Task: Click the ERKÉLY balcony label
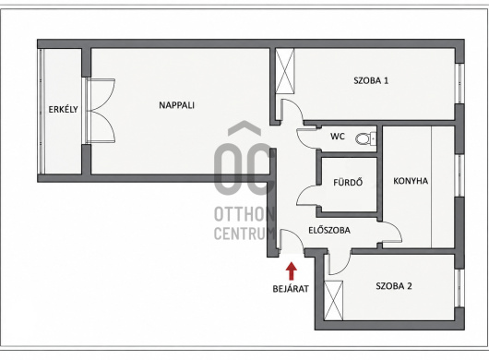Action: point(63,109)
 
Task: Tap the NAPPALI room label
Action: point(176,105)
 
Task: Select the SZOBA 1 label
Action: point(371,80)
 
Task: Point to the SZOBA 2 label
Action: point(394,286)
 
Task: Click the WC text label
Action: point(338,137)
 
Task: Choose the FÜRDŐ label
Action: point(348,182)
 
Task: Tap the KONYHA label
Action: point(411,181)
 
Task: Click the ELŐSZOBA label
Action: point(329,230)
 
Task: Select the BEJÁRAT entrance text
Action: point(291,289)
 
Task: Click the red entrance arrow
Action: point(292,270)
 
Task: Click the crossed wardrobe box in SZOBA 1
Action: point(285,71)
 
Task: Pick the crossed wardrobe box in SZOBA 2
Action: point(333,300)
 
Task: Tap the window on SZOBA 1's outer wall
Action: point(459,84)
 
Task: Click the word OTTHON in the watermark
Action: point(244,214)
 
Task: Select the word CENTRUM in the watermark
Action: point(244,233)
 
